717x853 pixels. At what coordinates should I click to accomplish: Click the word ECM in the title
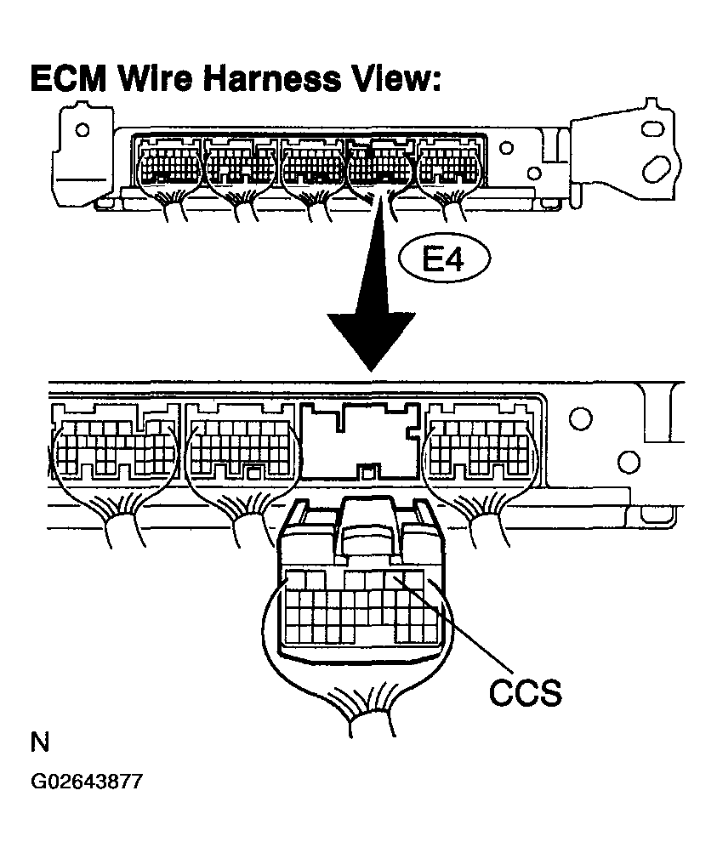[68, 78]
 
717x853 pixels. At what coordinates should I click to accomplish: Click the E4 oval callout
[445, 260]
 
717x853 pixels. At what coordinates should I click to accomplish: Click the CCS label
[525, 692]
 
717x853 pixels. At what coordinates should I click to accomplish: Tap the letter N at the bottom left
[40, 742]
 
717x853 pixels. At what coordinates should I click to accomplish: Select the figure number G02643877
[87, 782]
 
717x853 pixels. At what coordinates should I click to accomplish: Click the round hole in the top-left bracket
[83, 130]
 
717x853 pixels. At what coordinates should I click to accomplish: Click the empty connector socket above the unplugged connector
[360, 441]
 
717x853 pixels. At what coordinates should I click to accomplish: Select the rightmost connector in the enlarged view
[479, 446]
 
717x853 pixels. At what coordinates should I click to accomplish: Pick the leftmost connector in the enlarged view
[114, 447]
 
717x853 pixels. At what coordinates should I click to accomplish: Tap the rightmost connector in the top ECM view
[449, 164]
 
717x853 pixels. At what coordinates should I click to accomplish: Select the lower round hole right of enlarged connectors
[629, 463]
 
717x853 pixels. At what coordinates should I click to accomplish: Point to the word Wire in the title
[155, 78]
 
